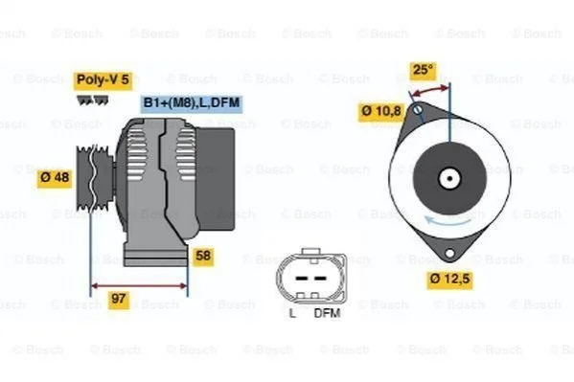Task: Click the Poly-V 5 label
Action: [103, 79]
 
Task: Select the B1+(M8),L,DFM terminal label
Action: [192, 103]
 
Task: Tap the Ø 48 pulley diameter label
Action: [55, 178]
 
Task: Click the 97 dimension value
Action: [119, 299]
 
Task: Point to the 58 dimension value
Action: [203, 256]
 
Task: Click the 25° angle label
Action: [423, 70]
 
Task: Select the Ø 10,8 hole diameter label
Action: [381, 111]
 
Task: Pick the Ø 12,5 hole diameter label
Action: [449, 280]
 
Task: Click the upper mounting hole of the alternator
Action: [418, 109]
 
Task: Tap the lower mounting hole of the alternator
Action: [449, 253]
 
